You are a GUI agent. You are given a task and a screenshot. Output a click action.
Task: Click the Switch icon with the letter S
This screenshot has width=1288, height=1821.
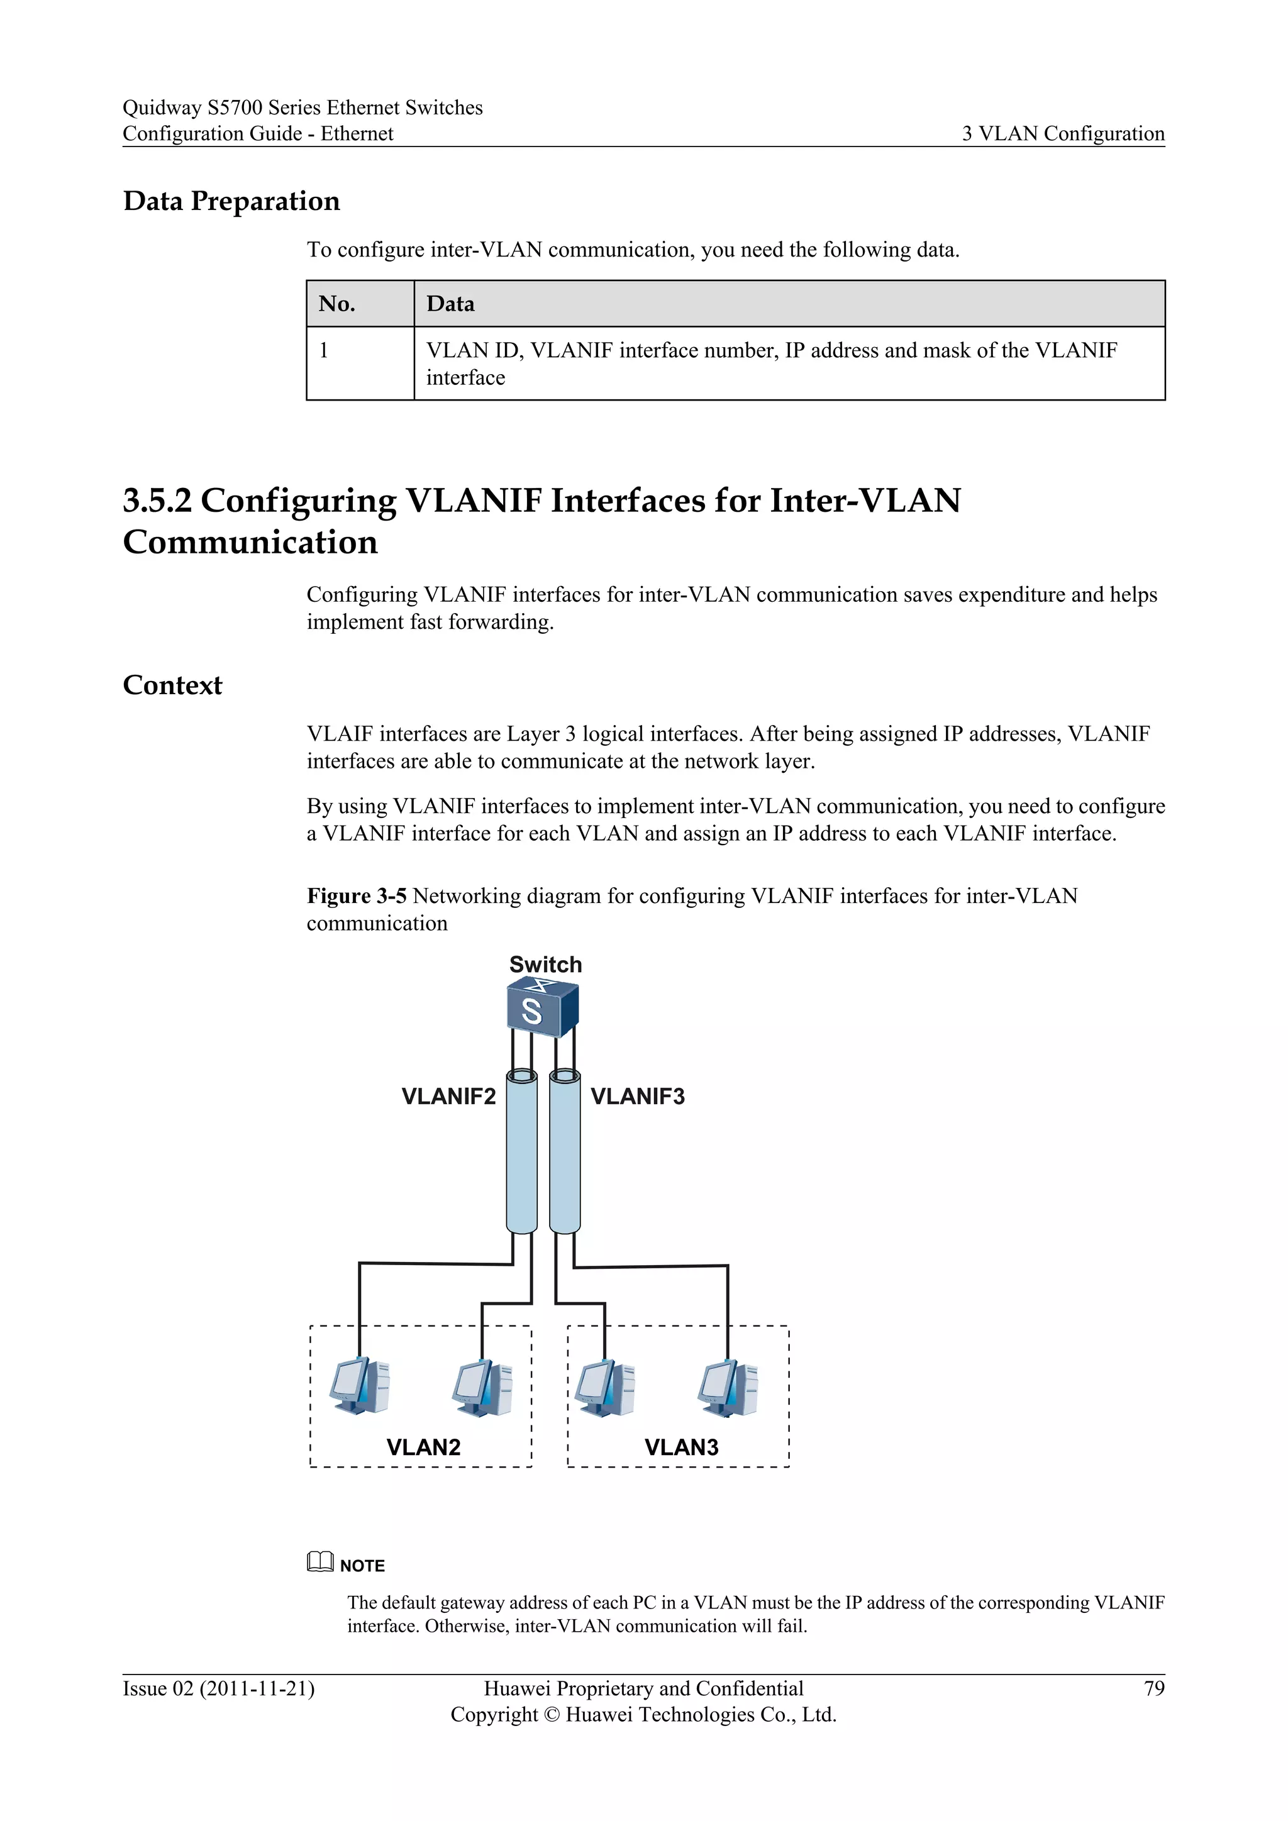[x=543, y=1009]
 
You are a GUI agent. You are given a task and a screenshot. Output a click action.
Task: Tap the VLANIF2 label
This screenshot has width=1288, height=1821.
[x=448, y=1096]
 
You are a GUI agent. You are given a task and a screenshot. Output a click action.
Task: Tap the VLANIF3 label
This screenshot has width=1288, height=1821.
[x=638, y=1096]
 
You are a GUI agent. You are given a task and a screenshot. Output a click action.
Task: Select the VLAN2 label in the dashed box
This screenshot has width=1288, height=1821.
[x=423, y=1447]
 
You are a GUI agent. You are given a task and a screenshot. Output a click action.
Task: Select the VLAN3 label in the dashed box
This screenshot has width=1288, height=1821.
[x=681, y=1447]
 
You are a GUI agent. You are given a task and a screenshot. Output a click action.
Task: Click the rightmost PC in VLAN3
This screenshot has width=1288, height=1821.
[x=728, y=1388]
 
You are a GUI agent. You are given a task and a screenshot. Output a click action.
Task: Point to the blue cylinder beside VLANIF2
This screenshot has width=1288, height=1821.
[x=522, y=1154]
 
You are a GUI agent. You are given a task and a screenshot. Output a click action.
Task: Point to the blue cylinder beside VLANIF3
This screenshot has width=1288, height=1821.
[x=565, y=1154]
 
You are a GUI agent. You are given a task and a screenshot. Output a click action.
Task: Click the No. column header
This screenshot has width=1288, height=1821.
[x=337, y=304]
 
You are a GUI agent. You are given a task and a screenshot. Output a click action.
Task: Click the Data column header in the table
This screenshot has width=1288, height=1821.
[x=450, y=304]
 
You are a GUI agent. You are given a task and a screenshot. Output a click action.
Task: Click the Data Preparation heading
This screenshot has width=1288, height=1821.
[x=231, y=201]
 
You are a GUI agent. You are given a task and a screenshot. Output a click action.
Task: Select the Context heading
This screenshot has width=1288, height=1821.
[x=172, y=685]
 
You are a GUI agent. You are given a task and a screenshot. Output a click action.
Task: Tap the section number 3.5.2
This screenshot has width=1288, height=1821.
[x=157, y=501]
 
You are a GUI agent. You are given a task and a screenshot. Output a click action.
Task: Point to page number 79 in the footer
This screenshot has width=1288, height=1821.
[x=1154, y=1688]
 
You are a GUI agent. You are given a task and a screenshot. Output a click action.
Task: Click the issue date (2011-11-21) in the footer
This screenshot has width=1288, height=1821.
[x=257, y=1688]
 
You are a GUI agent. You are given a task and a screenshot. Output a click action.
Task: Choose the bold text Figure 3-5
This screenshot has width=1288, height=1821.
[x=356, y=896]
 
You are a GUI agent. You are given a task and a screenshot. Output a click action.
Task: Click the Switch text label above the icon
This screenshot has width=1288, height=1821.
[x=546, y=965]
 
